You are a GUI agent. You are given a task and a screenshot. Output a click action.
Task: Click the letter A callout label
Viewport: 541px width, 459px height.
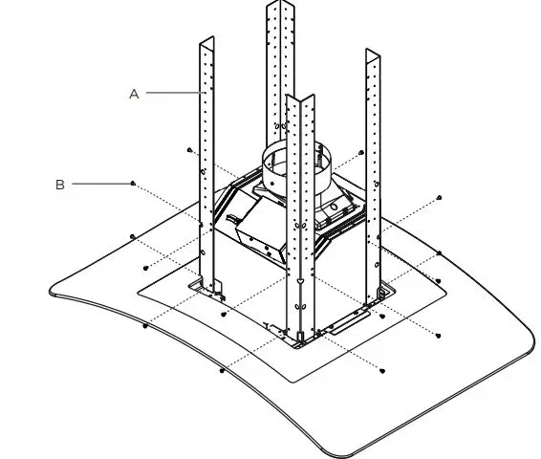point(134,93)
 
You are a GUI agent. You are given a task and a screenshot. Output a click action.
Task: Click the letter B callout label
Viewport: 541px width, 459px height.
point(59,185)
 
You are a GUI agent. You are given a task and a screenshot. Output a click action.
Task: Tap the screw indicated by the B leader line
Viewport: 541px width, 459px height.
point(133,183)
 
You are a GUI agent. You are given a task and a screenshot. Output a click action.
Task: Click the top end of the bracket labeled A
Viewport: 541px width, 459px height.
point(206,44)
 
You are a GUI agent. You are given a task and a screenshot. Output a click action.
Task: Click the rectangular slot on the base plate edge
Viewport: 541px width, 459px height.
point(349,322)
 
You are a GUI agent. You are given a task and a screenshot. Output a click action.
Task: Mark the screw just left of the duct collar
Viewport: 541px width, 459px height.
point(190,150)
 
